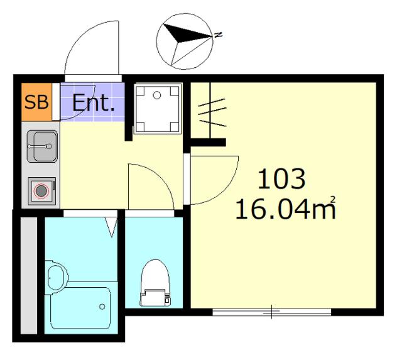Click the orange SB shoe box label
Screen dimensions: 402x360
(36, 102)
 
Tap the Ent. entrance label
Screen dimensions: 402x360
(94, 103)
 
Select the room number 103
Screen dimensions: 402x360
(281, 178)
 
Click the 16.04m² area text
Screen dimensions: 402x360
(285, 209)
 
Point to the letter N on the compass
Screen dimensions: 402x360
(218, 35)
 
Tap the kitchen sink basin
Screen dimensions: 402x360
(42, 146)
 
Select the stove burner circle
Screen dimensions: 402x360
(41, 191)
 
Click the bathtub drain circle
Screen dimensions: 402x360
(102, 307)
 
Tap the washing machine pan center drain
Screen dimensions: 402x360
(156, 95)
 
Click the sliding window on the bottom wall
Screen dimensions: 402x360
(272, 312)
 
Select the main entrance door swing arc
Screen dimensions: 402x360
(82, 33)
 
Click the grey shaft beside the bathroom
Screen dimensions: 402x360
(29, 276)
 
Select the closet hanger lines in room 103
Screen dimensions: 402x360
(213, 113)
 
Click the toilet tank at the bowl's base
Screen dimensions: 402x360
(155, 297)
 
